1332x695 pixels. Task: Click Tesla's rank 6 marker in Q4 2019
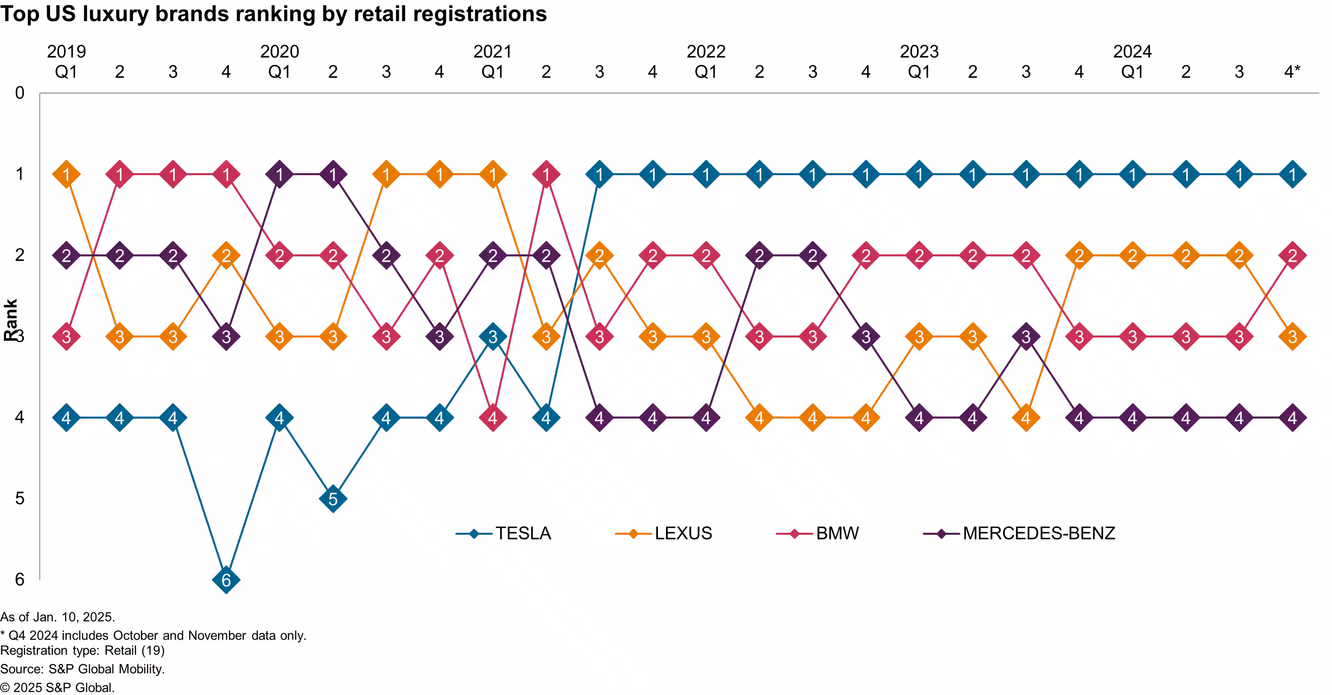(226, 580)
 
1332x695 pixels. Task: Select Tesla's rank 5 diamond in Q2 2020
(333, 499)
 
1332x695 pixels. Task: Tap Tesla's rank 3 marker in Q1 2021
(493, 337)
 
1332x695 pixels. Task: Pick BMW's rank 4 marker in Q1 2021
(493, 418)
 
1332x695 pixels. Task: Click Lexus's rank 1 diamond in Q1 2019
(66, 174)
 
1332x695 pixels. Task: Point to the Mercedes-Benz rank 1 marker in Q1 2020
(280, 174)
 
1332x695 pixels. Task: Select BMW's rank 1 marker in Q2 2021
(546, 174)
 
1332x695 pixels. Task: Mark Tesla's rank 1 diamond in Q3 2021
(599, 174)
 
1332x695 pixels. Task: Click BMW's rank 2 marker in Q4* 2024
(1292, 255)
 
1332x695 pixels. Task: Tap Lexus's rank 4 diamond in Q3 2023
(1026, 418)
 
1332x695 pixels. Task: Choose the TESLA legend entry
(523, 533)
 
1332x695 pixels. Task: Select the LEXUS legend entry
(683, 533)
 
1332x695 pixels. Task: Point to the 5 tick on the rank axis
(20, 498)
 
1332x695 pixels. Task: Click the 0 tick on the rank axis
(20, 93)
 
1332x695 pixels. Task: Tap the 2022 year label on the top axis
(706, 51)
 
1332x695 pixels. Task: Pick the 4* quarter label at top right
(1292, 71)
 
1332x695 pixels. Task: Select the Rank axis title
(10, 320)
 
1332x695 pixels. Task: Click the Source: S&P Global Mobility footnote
(82, 669)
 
